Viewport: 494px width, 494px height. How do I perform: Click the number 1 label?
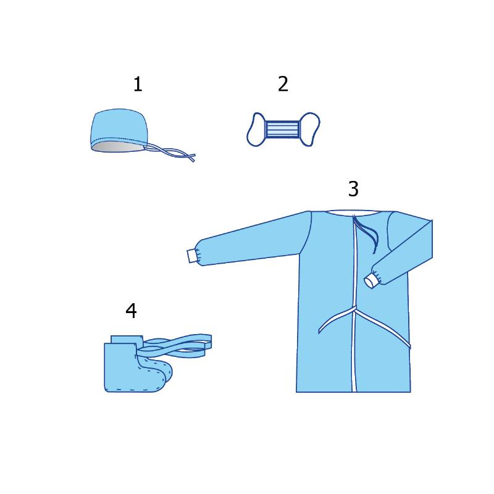[x=138, y=85]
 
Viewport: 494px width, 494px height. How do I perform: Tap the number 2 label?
[x=283, y=84]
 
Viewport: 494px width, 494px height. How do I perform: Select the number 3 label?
[x=353, y=189]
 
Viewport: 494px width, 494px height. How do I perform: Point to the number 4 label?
[x=131, y=311]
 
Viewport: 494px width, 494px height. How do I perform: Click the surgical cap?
[x=120, y=129]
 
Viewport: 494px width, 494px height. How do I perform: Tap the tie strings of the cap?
[x=172, y=153]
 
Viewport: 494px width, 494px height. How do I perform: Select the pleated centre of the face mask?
[x=282, y=129]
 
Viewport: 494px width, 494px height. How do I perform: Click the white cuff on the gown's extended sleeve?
[x=191, y=256]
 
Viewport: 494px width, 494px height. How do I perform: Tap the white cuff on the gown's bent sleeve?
[x=371, y=281]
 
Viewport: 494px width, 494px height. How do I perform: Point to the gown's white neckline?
[x=353, y=212]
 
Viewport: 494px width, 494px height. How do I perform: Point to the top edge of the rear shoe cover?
[x=126, y=336]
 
